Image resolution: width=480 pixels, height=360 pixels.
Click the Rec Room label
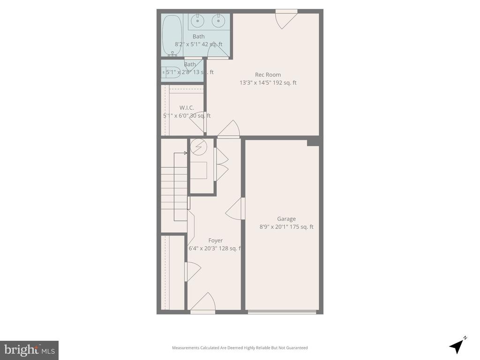pos(268,75)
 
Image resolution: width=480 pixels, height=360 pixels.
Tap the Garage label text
pos(286,219)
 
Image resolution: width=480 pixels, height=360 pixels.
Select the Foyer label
pos(216,240)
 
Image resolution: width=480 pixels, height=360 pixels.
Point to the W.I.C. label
pos(187,108)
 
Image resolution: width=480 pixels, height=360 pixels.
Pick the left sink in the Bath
pos(198,20)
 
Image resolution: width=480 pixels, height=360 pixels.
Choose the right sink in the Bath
pos(217,20)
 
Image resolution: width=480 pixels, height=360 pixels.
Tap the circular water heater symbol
pos(199,147)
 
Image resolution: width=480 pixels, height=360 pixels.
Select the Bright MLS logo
pos(29,350)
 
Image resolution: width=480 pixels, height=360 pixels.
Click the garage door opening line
pos(282,312)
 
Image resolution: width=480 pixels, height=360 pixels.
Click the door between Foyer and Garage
pos(236,209)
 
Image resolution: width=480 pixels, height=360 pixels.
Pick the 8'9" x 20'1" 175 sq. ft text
pos(286,227)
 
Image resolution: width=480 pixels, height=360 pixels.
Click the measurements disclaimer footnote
pos(240,348)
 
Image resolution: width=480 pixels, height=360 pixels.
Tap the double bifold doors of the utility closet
pos(220,164)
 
